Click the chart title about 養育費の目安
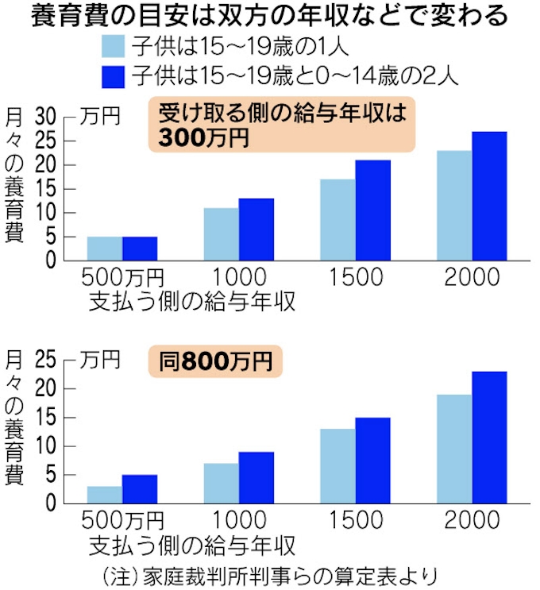click(x=270, y=17)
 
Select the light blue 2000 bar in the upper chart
click(x=453, y=205)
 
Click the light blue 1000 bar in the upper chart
click(x=221, y=233)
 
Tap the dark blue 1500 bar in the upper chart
click(x=372, y=210)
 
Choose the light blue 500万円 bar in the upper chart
click(x=105, y=248)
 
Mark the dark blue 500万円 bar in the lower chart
click(x=140, y=488)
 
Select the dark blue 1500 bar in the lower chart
click(x=372, y=460)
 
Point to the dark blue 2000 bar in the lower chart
click(x=489, y=437)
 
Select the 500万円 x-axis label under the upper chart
click(x=122, y=279)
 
